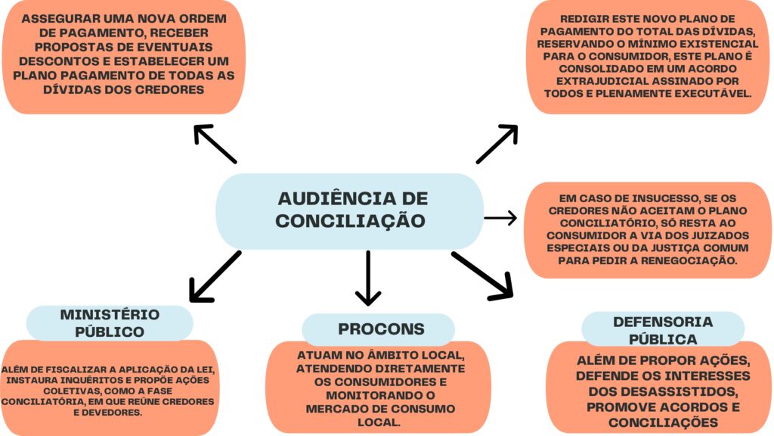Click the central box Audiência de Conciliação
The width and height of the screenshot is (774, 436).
350,210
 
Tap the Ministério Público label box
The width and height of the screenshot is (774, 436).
110,323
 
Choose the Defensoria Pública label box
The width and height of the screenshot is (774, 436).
662,329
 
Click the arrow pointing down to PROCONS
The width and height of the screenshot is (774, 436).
368,277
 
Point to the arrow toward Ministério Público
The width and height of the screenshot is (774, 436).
214,276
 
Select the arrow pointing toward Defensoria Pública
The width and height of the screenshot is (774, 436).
482,275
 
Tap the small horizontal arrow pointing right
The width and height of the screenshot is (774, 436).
500,218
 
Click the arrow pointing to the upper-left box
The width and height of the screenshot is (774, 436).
215,144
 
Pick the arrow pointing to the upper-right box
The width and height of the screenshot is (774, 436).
497,144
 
